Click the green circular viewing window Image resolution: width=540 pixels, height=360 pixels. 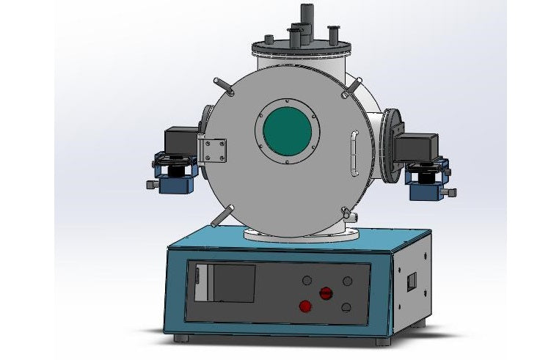tap(287, 131)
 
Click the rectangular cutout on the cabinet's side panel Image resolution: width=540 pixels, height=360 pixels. tap(412, 281)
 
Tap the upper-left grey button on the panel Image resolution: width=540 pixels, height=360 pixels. tap(307, 280)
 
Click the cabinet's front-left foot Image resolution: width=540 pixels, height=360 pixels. tap(181, 338)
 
